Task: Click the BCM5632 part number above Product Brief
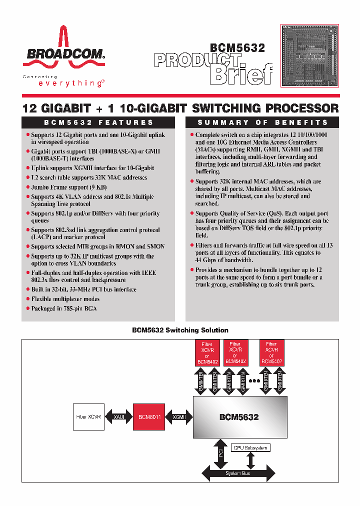pos(237,48)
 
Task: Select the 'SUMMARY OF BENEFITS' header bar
pos(262,122)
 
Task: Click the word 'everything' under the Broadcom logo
pos(70,83)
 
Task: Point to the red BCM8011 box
pos(149,416)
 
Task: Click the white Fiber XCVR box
pos(88,416)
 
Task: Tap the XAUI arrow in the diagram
pos(119,416)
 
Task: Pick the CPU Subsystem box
pos(250,447)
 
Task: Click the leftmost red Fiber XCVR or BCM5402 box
pos(207,352)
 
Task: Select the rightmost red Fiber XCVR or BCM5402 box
pos(271,352)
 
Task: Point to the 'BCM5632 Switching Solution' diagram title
pos(180,330)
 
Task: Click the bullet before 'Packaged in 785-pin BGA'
pos(27,308)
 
